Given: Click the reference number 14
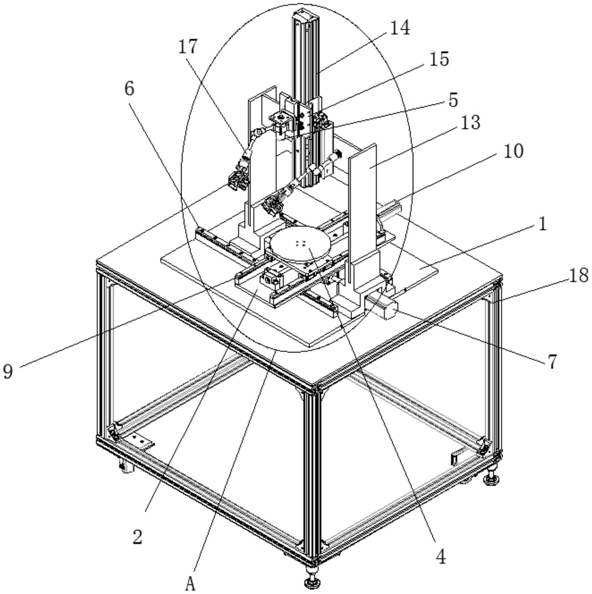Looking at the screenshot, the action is (x=400, y=28).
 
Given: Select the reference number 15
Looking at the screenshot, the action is (x=439, y=59).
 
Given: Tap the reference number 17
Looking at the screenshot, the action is (x=188, y=46).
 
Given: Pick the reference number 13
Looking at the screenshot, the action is (x=470, y=122).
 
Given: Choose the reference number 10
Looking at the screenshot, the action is (x=513, y=151).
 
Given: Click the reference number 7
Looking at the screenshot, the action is (x=552, y=361).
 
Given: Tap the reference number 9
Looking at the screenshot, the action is (x=8, y=371).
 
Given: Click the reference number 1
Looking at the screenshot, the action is (x=543, y=224).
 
